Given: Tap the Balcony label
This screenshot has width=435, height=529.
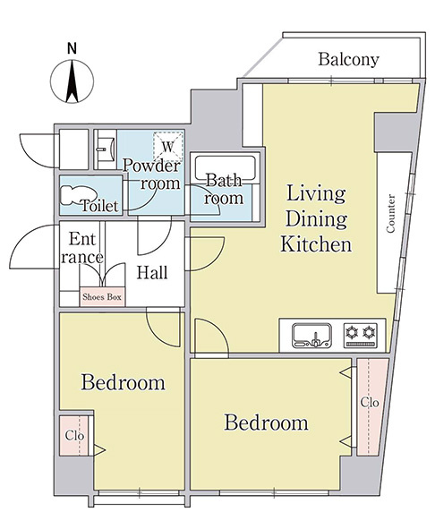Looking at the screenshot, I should click(348, 60).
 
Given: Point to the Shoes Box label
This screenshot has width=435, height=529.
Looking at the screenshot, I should click(102, 296).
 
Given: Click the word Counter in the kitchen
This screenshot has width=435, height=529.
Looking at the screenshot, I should click(391, 214).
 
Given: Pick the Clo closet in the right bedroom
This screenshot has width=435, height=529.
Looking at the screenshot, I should click(371, 403).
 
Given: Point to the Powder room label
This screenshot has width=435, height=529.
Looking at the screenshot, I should click(151, 174).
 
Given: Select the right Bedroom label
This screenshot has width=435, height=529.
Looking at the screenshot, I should click(266, 422).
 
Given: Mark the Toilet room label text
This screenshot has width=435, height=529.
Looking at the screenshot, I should click(100, 206).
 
